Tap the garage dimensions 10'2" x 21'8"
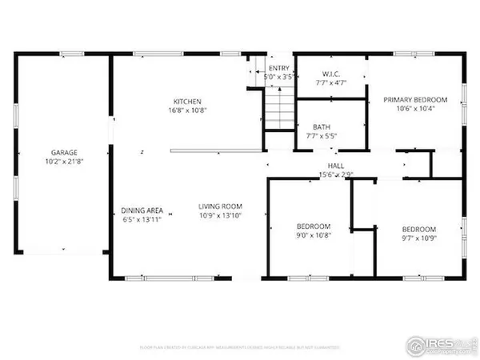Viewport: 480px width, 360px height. [64, 161]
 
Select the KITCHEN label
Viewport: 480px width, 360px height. [188, 101]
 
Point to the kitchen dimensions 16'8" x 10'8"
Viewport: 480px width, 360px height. [188, 110]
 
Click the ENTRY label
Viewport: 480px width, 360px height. [279, 69]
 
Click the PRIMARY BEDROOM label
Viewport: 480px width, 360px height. [413, 99]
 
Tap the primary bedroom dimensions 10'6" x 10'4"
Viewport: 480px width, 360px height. [413, 110]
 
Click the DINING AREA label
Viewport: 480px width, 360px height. [142, 210]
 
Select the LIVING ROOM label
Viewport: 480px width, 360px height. [220, 206]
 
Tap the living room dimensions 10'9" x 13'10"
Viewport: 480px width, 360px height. [220, 216]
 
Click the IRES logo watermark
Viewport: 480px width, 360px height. [439, 343]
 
